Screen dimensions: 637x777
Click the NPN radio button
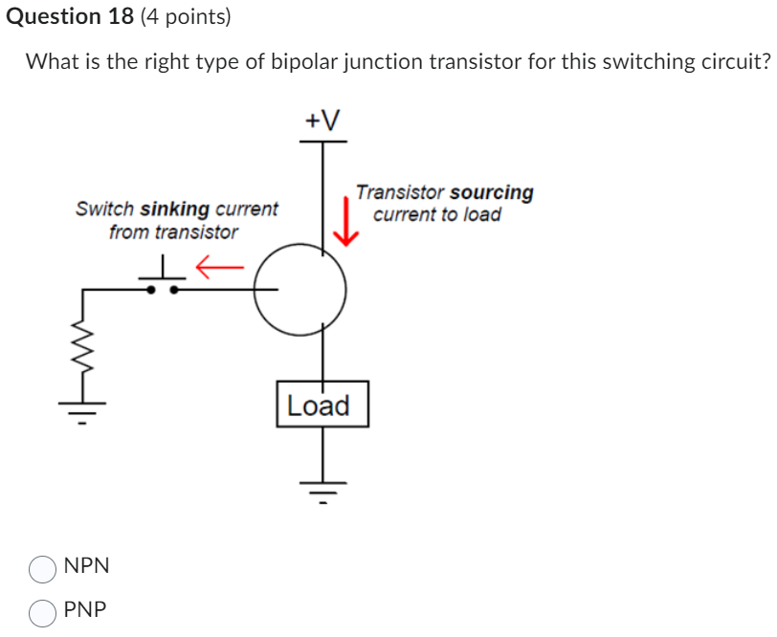[x=43, y=569]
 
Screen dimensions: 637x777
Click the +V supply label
[x=322, y=121]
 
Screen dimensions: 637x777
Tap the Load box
[x=322, y=405]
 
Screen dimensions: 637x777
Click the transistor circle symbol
[x=300, y=289]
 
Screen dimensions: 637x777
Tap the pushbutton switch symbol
[x=165, y=277]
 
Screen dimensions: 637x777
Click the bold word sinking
[x=175, y=209]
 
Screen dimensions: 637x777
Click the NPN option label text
[x=87, y=566]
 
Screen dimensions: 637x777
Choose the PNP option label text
[x=86, y=610]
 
